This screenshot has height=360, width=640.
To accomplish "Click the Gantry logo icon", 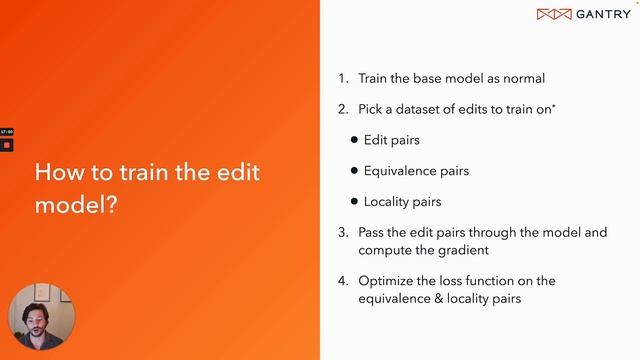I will tap(554, 14).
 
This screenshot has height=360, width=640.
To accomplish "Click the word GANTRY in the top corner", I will tap(602, 14).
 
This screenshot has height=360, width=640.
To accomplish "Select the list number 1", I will tap(342, 78).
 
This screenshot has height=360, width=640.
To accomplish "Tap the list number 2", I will tap(343, 109).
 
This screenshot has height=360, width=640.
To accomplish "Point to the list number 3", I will tap(343, 232).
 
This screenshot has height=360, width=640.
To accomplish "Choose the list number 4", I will tap(343, 281).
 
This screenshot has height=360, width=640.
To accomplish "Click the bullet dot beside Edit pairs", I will tap(354, 140).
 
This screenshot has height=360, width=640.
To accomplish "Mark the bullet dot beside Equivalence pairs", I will tap(354, 171).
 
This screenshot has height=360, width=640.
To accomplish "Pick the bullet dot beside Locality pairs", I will tap(354, 202).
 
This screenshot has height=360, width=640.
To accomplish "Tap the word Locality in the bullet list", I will tap(387, 202).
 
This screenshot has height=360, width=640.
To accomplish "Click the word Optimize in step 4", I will tap(386, 281).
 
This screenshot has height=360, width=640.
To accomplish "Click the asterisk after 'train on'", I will tap(553, 106).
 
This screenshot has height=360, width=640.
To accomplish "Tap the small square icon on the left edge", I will tap(6, 145).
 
